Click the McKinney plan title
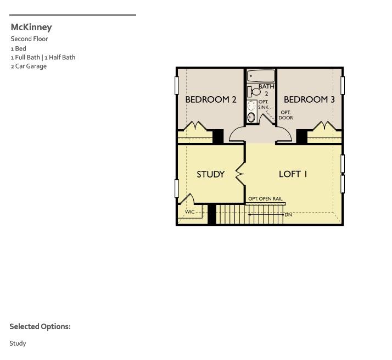tap(31, 27)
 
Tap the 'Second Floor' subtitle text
tap(29, 39)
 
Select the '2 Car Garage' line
tap(29, 67)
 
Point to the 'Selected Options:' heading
tap(40, 326)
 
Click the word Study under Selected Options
tap(18, 344)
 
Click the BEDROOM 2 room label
tap(210, 99)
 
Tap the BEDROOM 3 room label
tap(309, 99)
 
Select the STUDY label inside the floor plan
tap(210, 174)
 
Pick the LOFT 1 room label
tap(293, 174)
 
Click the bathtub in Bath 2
tap(261, 76)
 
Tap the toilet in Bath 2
tap(254, 91)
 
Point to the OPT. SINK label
tap(264, 104)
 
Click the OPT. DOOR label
tap(285, 115)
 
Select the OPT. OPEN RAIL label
tap(265, 199)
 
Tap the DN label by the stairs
tap(288, 214)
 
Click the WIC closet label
tap(189, 212)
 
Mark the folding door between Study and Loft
tap(240, 174)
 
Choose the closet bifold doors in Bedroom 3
tap(324, 127)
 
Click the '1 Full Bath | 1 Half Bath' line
tap(43, 57)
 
